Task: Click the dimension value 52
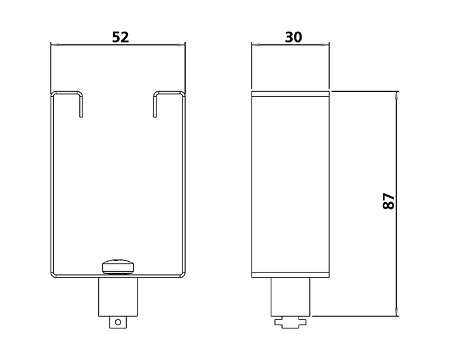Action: pos(120,37)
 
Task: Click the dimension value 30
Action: pos(293,37)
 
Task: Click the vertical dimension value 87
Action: pos(389,201)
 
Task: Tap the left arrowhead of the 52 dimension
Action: pos(55,44)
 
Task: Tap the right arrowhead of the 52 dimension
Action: pos(181,44)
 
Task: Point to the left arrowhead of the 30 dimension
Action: pos(256,44)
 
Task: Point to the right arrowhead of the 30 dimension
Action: pos(325,44)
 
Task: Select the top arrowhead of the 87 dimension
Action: pos(397,96)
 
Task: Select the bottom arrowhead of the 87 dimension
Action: pos(397,312)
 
